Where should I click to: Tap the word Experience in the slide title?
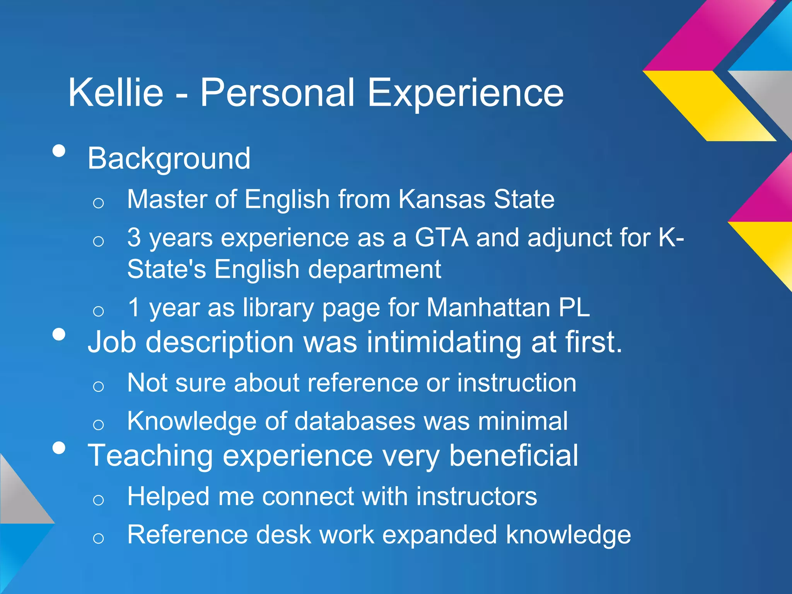[465, 93]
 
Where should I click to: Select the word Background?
[169, 159]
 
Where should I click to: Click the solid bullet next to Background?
[59, 151]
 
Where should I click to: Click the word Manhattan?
[488, 307]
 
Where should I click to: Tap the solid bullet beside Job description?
[59, 334]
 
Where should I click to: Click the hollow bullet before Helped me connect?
[99, 500]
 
